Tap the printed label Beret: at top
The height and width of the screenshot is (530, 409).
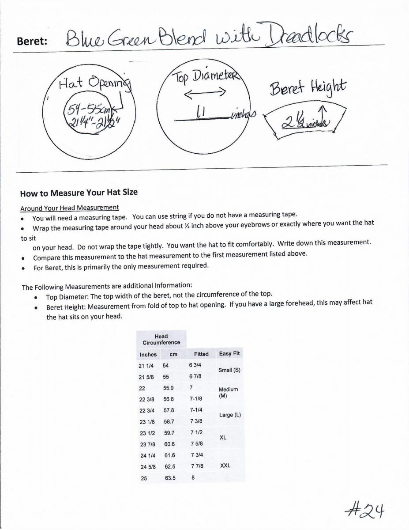coord(32,41)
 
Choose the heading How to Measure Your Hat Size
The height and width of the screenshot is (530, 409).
coord(79,193)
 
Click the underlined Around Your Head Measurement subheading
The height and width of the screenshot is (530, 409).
coord(70,208)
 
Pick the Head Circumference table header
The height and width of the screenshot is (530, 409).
coord(161,339)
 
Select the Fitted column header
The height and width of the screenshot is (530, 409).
coord(201,354)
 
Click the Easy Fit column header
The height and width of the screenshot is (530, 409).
coord(229,354)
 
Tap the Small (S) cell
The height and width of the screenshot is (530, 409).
coord(229,370)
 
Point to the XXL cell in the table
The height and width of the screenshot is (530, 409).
coord(225,466)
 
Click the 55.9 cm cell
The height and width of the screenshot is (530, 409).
coord(169,387)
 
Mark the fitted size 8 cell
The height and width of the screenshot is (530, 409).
coord(193,477)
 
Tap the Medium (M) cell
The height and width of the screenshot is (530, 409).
coord(228,392)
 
